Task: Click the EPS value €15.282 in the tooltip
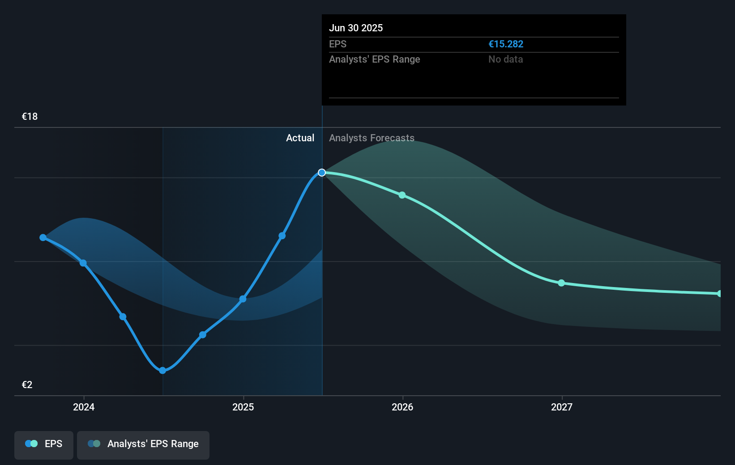(505, 44)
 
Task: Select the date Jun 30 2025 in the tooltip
(356, 28)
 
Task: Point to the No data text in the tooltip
(505, 59)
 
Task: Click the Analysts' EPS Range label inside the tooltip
(374, 59)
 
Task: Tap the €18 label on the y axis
(30, 117)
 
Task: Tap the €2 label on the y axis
(27, 385)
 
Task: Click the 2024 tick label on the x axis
(84, 407)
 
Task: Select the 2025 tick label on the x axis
(243, 407)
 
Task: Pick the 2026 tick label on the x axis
(402, 407)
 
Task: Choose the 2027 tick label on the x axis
(562, 407)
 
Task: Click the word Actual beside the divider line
(300, 138)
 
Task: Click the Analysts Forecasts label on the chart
(372, 138)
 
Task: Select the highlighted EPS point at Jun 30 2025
(322, 173)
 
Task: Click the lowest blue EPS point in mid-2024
(162, 370)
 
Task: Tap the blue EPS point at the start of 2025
(243, 299)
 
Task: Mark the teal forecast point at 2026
(402, 195)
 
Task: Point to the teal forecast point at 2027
(561, 283)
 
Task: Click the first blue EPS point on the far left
(43, 237)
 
